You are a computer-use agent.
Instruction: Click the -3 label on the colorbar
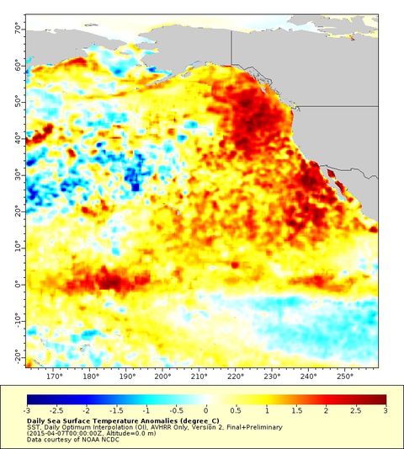point(29,410)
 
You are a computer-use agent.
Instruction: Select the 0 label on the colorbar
point(207,410)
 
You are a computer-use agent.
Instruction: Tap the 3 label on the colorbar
point(385,410)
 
